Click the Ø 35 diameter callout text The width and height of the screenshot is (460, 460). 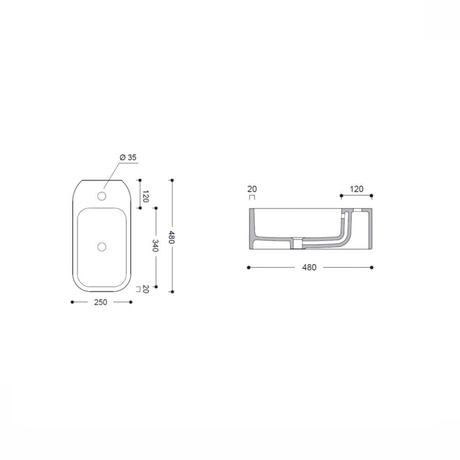[x=128, y=157]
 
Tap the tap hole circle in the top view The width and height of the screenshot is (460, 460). [x=102, y=196]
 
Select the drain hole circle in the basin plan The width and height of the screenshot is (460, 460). [x=102, y=247]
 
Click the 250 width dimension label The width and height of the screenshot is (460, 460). [x=101, y=302]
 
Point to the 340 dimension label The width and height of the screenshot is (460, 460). [x=155, y=245]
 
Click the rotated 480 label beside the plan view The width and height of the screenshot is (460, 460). [x=172, y=238]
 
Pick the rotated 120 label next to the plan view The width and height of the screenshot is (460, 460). [x=146, y=196]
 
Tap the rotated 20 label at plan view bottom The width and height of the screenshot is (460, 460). [x=146, y=289]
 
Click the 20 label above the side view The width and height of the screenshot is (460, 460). [x=252, y=189]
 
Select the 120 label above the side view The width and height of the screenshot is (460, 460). [x=357, y=189]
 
